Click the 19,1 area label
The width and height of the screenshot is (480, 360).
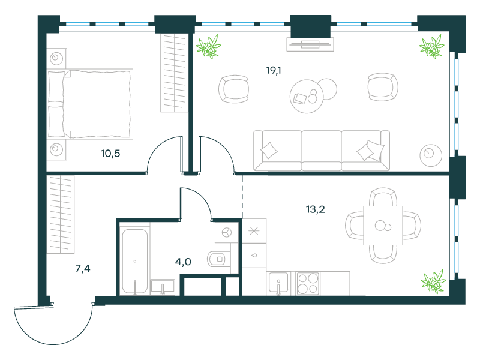(274, 71)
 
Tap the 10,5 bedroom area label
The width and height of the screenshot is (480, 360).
(110, 154)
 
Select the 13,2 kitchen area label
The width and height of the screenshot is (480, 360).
(316, 209)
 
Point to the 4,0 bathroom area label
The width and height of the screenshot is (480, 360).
(183, 262)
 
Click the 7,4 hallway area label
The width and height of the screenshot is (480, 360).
(83, 269)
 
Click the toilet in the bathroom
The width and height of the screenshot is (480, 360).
(218, 259)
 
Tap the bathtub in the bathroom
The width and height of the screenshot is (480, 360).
(134, 261)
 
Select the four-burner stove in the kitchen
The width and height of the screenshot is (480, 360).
(308, 283)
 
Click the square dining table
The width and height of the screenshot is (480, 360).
(383, 226)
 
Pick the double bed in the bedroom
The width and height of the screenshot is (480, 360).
(90, 104)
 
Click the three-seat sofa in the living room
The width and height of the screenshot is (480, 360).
(322, 151)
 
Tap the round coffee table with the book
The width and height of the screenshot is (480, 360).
(307, 96)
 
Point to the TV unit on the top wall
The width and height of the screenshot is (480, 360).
(310, 44)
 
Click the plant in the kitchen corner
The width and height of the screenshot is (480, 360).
(433, 281)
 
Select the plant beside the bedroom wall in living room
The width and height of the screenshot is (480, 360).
(208, 47)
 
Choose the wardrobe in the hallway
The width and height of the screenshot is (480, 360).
(61, 214)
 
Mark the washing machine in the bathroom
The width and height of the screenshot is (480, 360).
(227, 232)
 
